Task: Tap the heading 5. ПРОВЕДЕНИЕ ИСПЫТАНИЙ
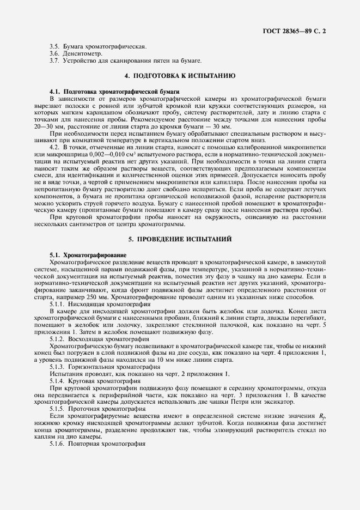[x=180, y=239]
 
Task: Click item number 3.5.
[x=54, y=47]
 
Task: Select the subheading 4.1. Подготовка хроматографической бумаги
[x=114, y=91]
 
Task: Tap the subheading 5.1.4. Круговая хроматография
[x=93, y=381]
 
